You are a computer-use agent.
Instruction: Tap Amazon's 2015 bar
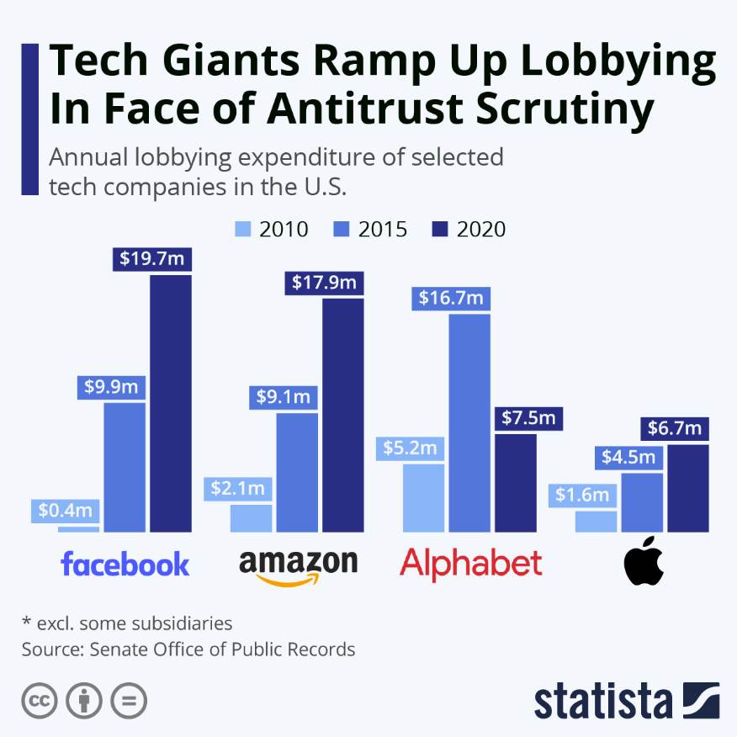pos(297,472)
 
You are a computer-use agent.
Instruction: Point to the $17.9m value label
pos(324,283)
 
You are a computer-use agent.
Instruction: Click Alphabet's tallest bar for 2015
pos(469,422)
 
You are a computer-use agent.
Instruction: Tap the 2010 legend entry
pos(271,229)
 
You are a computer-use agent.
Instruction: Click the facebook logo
pos(125,564)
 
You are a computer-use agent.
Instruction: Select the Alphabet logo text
pos(470,562)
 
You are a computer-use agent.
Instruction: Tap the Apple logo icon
pos(644,564)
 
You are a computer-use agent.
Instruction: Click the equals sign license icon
pos(129,700)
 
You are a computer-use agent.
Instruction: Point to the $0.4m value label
pos(66,510)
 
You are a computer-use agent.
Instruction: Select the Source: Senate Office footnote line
pos(188,650)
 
